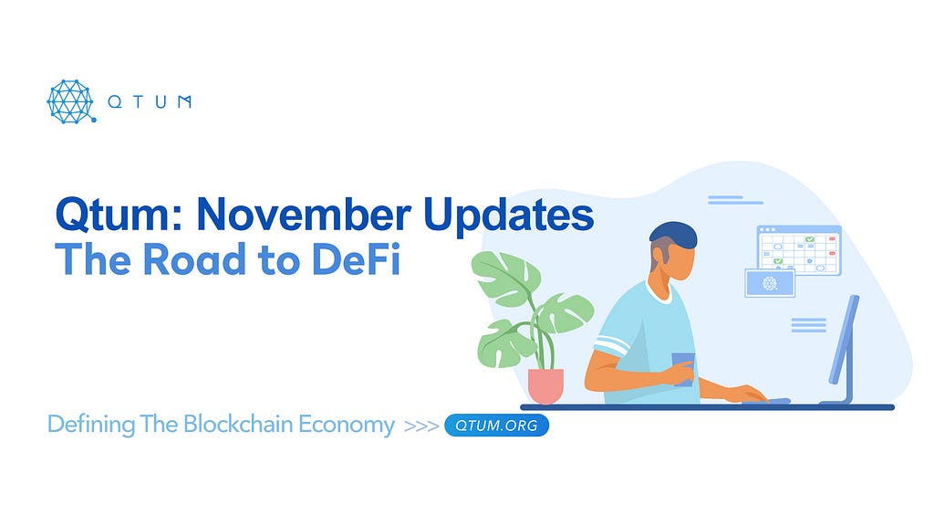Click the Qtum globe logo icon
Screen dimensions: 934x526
tap(71, 101)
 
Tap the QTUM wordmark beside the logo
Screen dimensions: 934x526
tap(150, 102)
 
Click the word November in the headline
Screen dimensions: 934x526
tap(304, 214)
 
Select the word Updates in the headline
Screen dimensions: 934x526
tap(508, 216)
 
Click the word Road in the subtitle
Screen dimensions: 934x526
tap(195, 259)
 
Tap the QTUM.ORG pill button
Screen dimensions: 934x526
tap(496, 426)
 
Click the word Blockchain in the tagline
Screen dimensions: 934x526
tap(238, 424)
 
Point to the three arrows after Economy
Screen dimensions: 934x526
tap(421, 426)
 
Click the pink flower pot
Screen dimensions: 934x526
tap(545, 386)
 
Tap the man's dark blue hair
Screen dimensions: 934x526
tap(673, 235)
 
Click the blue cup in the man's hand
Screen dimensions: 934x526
tap(683, 369)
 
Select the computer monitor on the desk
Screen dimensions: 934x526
tap(842, 349)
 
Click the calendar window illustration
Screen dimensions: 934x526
tap(799, 250)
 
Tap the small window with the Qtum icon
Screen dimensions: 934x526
tap(770, 283)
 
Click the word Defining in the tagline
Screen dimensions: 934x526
tap(91, 425)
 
